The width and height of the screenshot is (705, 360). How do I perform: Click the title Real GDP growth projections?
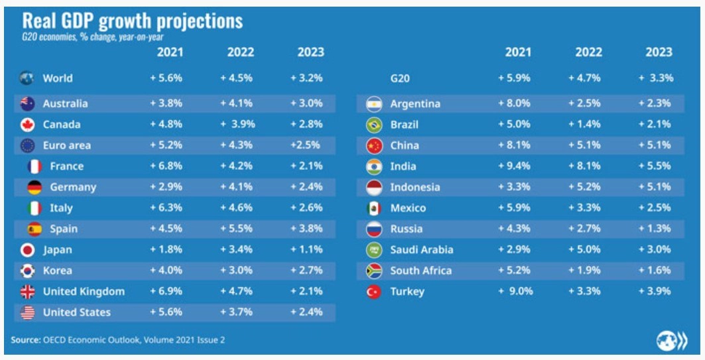(133, 21)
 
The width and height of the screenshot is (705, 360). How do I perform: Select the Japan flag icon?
(27, 250)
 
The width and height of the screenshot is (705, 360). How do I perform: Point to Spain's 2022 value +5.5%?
(236, 229)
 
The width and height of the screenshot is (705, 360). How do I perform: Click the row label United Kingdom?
(84, 292)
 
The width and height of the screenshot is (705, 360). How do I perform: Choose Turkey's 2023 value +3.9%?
(655, 292)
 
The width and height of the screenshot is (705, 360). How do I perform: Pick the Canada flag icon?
(27, 125)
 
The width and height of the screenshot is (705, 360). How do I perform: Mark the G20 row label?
(400, 78)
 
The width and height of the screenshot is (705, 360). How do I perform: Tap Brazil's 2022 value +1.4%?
(584, 125)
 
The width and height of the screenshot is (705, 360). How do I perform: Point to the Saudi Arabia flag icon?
(374, 250)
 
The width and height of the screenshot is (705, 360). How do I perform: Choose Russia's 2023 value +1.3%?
(655, 229)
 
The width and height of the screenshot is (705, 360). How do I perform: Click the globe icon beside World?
(27, 78)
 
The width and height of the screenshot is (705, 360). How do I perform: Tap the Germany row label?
(73, 188)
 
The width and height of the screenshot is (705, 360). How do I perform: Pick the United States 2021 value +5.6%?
(166, 312)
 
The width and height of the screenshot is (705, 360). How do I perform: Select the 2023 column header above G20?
(659, 52)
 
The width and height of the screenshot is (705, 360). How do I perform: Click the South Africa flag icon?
(374, 271)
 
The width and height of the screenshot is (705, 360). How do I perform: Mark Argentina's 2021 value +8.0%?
(514, 104)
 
